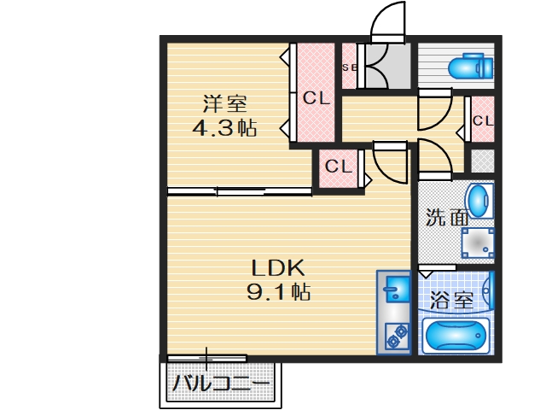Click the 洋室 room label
click(224, 104)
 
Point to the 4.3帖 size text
click(224, 129)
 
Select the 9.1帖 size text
click(278, 291)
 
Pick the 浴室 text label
click(451, 300)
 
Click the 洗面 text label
click(447, 218)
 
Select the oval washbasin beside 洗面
click(481, 202)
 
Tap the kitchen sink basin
click(395, 290)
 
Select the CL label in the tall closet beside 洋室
click(315, 98)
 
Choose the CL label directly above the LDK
click(339, 166)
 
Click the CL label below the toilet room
click(482, 120)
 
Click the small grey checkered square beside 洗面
click(482, 161)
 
